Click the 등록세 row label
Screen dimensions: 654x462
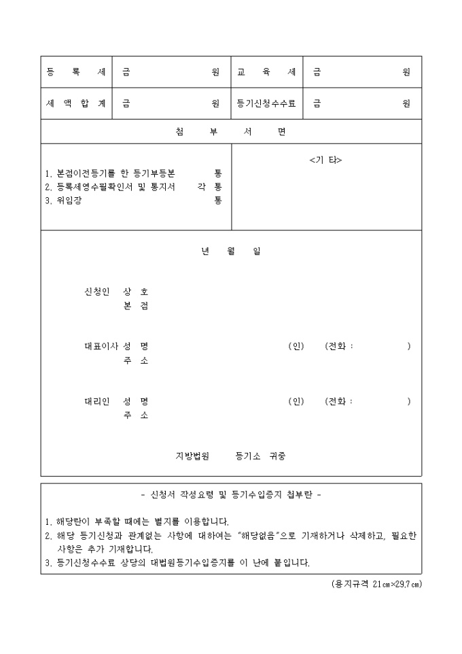tap(75, 72)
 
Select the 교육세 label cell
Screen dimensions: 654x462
tap(266, 72)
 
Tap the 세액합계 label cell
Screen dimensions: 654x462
tap(75, 103)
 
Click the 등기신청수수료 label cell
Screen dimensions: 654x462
tap(266, 103)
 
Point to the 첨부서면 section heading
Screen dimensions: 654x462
tap(230, 132)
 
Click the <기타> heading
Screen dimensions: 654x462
tap(325, 160)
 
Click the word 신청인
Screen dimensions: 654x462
tap(96, 292)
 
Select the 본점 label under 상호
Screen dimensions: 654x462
tap(136, 306)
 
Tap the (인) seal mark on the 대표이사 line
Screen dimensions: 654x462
tap(296, 346)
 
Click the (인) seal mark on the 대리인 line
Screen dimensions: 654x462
tap(296, 401)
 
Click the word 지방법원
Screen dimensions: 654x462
tap(192, 455)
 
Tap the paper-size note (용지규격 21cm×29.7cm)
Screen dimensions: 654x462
tap(372, 584)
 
